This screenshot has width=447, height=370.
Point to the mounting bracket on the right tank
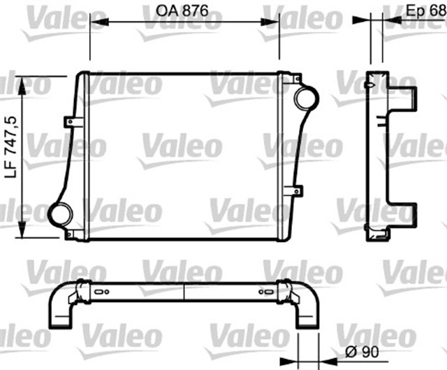pyautogui.click(x=296, y=189)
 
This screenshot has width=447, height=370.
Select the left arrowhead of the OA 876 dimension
pyautogui.click(x=96, y=21)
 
